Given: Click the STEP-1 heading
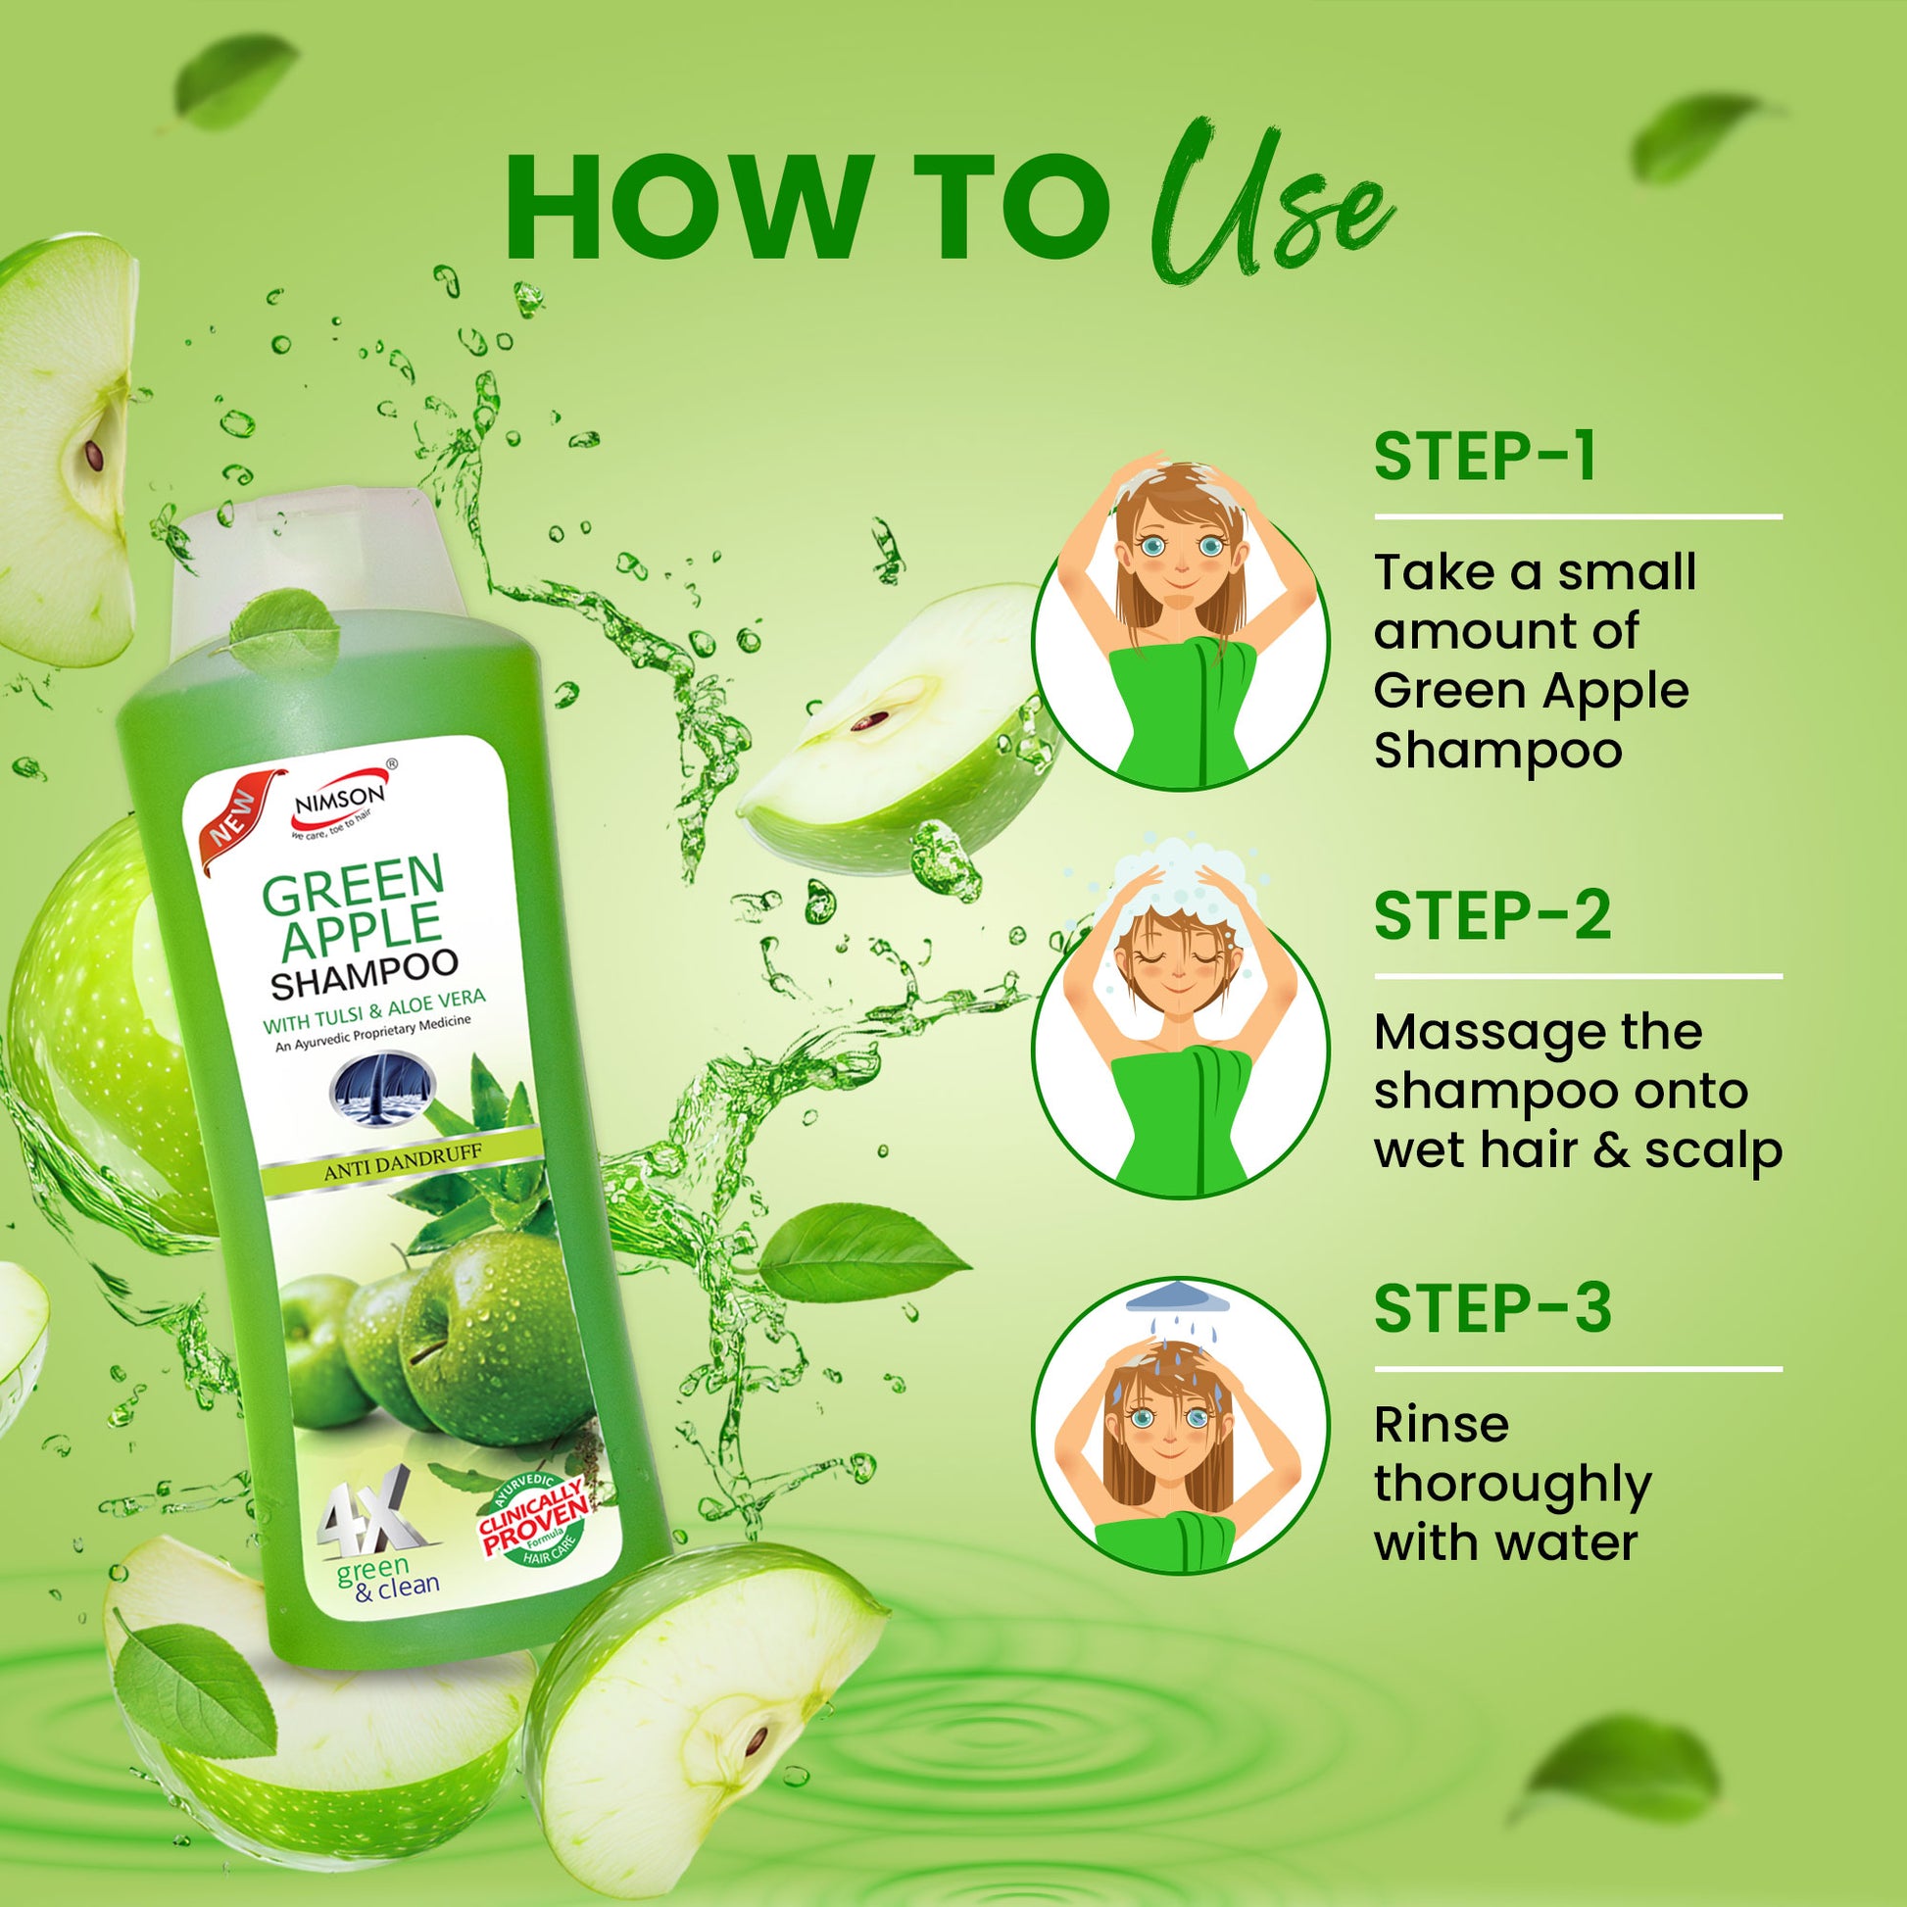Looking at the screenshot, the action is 1485,456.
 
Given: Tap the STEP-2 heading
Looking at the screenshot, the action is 1492,915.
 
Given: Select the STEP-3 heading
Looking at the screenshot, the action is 1492,1308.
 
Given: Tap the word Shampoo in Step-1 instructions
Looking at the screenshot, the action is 1498,751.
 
